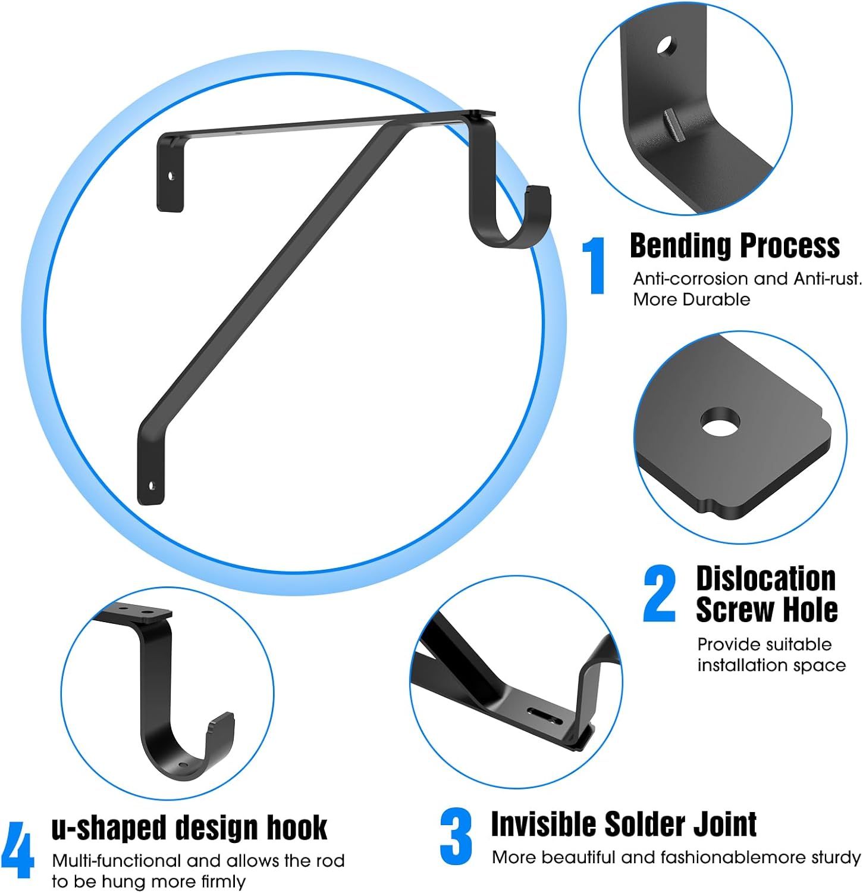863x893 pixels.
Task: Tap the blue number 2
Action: click(660, 594)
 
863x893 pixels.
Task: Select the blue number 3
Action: click(456, 836)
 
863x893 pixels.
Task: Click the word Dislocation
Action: click(765, 579)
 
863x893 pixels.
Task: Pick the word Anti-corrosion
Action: click(691, 279)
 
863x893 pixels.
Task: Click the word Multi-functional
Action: click(116, 861)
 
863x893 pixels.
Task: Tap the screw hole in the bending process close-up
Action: click(666, 45)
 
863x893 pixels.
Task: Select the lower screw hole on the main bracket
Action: click(152, 486)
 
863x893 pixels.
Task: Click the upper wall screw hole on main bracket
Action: click(171, 176)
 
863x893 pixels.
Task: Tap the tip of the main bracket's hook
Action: click(538, 191)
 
